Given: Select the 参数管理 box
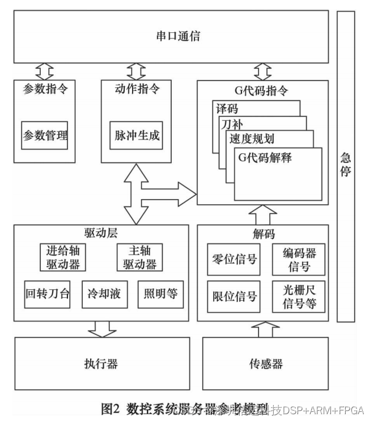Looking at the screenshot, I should (x=45, y=136).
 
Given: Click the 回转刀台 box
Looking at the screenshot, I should (x=47, y=293).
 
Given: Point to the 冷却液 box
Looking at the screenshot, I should (x=104, y=293).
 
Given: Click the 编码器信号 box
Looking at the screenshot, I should (x=299, y=260).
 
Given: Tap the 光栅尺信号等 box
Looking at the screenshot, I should (x=299, y=296).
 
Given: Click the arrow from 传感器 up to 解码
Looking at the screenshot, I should (x=263, y=330).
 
